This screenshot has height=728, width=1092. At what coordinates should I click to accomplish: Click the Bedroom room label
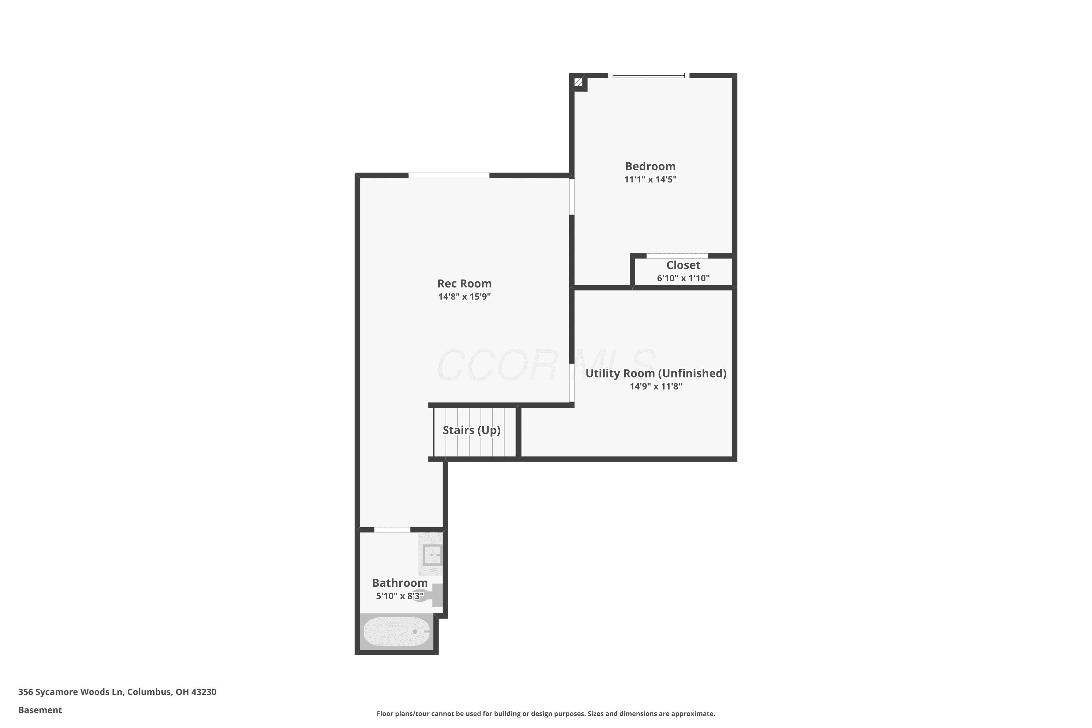coord(650,166)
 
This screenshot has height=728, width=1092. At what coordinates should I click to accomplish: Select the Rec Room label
coord(464,283)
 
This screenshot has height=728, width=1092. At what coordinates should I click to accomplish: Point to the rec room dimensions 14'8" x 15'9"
coord(464,296)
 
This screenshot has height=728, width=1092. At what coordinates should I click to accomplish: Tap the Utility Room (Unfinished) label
coord(656,373)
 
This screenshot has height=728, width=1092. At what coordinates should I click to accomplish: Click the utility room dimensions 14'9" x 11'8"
coord(656,386)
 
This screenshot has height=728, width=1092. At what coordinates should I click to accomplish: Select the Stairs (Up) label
coord(471,430)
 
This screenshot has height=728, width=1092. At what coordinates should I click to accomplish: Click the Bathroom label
coord(400,583)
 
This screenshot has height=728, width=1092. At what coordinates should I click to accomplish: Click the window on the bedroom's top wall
coord(649,75)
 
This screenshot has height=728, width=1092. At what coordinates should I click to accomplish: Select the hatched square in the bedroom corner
coord(578,82)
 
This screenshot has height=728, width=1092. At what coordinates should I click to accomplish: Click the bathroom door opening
coord(392,530)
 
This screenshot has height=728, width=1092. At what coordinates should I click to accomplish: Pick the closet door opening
coord(677,256)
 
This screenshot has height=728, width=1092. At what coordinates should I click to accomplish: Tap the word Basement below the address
coord(40,710)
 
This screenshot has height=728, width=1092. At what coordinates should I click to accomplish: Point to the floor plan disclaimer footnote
coord(546,713)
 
